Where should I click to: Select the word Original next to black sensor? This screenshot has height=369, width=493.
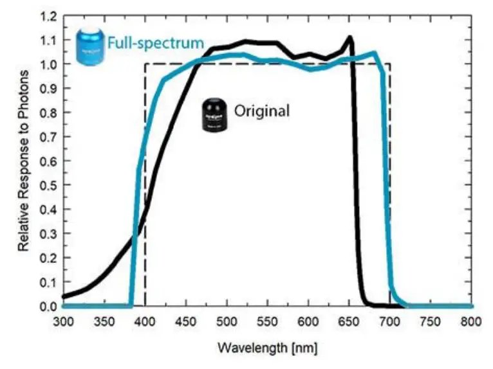coord(261,110)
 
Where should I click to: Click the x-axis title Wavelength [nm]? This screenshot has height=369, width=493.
coord(267,348)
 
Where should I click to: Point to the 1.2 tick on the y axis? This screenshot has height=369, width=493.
coord(49,15)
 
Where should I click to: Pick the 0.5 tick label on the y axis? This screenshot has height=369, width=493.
coord(49,185)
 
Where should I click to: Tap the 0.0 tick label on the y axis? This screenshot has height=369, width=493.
coord(49,306)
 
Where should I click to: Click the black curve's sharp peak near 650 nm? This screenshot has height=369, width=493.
coord(350,37)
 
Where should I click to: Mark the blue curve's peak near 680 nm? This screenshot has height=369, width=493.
coord(373,53)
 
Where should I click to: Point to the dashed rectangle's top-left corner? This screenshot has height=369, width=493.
coord(145,64)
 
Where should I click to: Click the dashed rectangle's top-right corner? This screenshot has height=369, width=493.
coord(390,64)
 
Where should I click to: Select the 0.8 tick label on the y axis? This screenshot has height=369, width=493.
coord(49,113)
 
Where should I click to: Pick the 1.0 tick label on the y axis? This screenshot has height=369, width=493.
coord(49,64)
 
